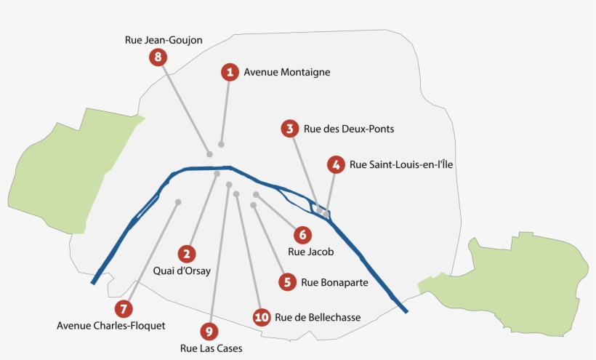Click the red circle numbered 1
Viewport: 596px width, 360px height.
tap(230, 71)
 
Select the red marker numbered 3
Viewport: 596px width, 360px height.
tap(289, 129)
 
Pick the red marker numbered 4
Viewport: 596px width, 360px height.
tap(335, 165)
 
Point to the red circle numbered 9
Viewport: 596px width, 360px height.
tap(209, 332)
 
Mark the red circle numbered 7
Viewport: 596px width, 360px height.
tap(124, 308)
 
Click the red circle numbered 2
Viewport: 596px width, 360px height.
tap(187, 254)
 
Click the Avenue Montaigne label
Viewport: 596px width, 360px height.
tap(287, 72)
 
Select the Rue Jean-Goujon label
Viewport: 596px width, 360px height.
tap(164, 40)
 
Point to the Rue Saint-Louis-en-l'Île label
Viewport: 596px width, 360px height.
tap(401, 165)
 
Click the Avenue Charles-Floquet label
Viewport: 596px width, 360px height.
tap(111, 325)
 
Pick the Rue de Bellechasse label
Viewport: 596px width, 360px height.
tap(318, 317)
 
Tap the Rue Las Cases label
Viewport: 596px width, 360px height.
tap(211, 348)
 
